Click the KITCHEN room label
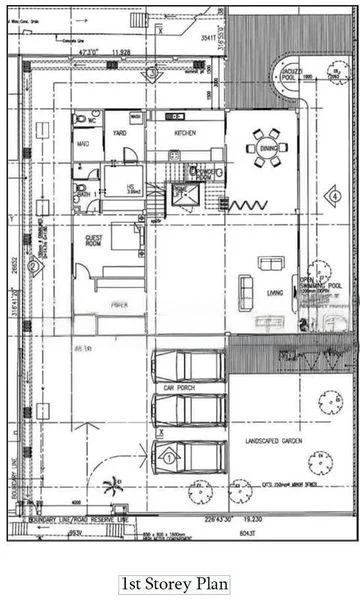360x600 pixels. (x=186, y=132)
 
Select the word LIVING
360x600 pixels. (x=277, y=292)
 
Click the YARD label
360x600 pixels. (x=119, y=132)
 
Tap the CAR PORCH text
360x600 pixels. (x=176, y=387)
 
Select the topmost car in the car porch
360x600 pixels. (x=186, y=365)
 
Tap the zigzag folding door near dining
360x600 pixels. (x=249, y=205)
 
